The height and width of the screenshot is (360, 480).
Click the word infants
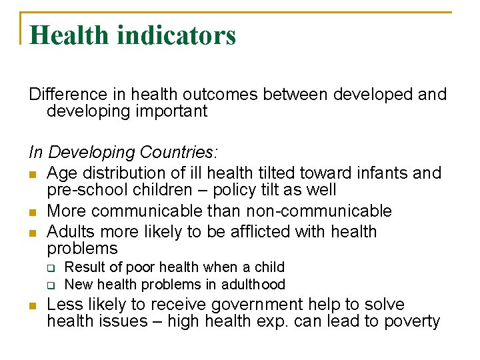pos(385,173)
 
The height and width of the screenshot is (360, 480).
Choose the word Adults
pos(71,232)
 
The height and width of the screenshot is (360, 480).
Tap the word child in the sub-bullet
pos(269,267)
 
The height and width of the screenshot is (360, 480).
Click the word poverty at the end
pos(412,322)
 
